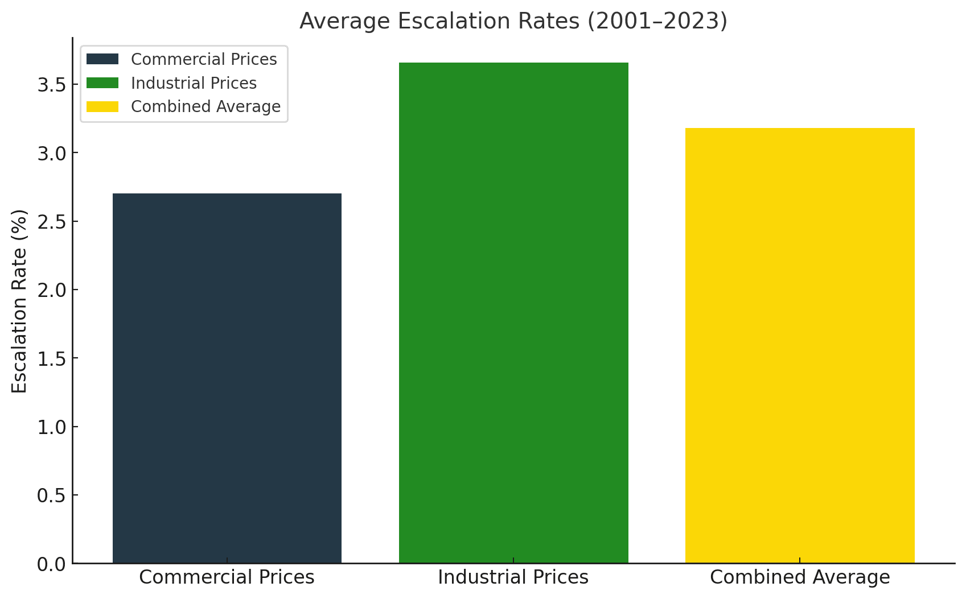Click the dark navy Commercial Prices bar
tap(227, 378)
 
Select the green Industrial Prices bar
tap(513, 313)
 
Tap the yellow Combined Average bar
tap(800, 345)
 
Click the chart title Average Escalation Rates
tap(513, 21)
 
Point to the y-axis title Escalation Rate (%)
tap(19, 301)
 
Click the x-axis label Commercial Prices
tap(227, 577)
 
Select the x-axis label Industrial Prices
tap(513, 577)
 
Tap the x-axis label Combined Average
tap(800, 577)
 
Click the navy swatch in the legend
tap(102, 59)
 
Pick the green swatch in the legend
tap(102, 83)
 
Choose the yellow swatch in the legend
tap(102, 107)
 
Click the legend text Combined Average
tap(205, 107)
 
